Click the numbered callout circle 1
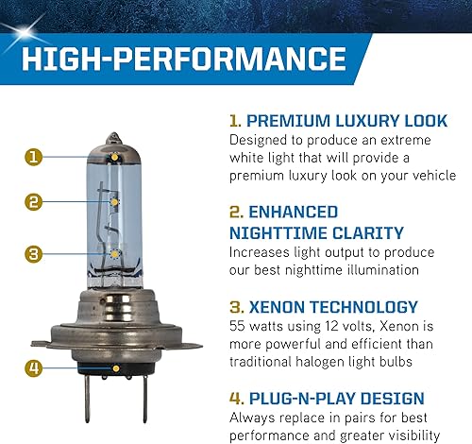coord(32,157)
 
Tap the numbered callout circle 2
coord(32,201)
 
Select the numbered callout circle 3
coord(32,253)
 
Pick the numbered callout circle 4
coord(32,367)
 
